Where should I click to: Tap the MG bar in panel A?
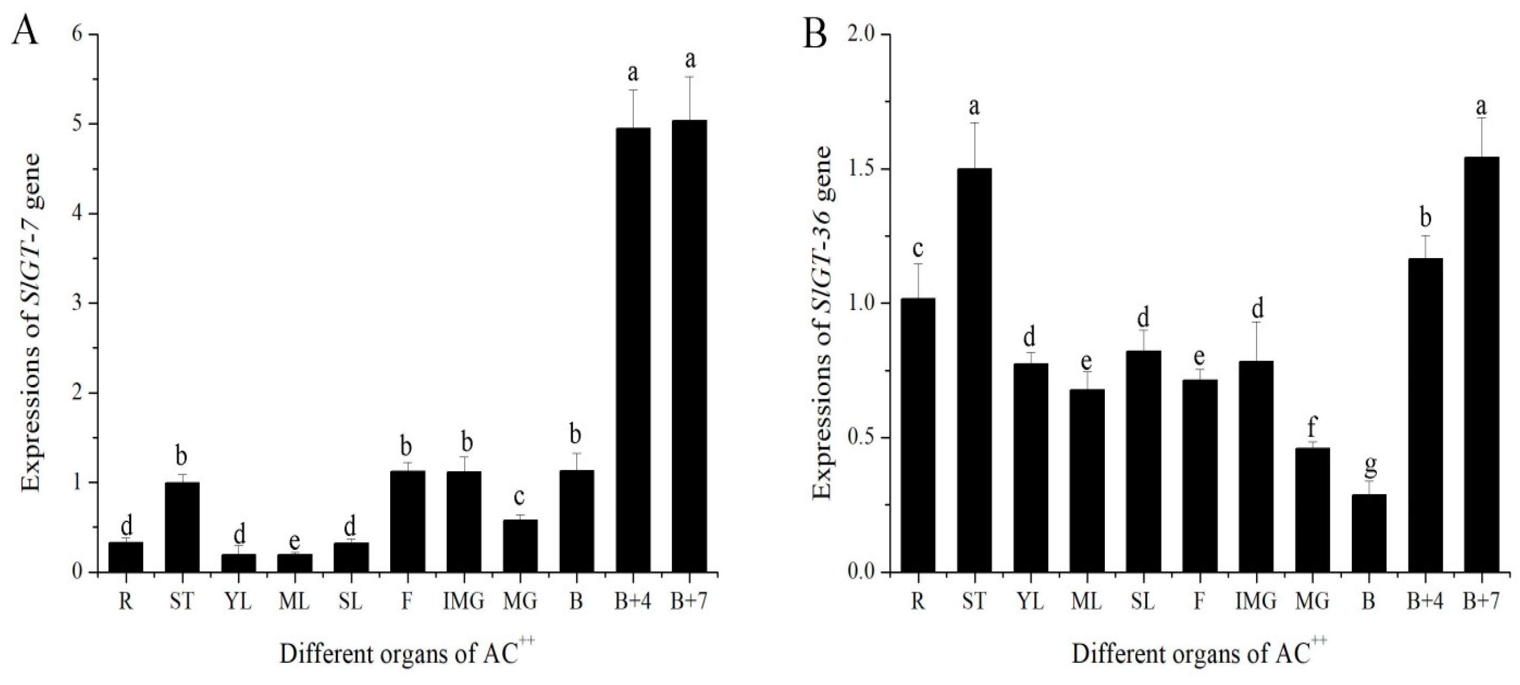520,546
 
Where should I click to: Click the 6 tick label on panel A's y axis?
77,35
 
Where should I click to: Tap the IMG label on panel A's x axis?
463,602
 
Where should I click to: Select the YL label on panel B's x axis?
1030,602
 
